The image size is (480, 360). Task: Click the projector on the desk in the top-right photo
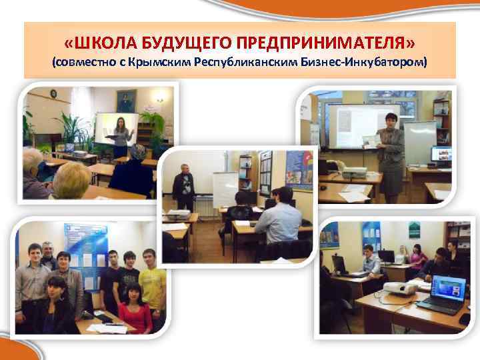click(x=353, y=172)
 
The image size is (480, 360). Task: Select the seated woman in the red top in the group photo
click(x=136, y=310)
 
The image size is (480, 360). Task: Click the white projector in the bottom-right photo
click(x=400, y=288)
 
